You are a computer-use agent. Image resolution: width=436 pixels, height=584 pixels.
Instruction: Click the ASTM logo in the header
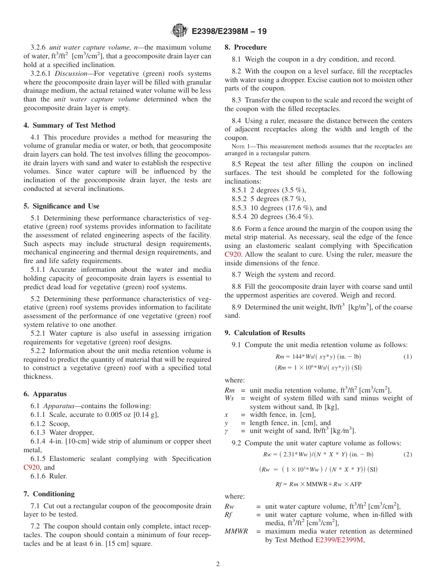179,31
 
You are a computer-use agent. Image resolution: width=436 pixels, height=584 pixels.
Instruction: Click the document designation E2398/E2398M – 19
229,31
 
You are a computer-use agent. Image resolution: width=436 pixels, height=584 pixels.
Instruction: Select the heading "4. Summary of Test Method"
69,125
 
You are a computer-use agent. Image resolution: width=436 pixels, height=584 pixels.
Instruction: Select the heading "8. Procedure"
246,47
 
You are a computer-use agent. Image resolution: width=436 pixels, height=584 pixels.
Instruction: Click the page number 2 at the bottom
218,564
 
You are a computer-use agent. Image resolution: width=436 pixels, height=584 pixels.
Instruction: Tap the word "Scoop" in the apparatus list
59,424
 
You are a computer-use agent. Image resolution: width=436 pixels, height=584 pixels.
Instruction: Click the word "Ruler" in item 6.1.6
58,476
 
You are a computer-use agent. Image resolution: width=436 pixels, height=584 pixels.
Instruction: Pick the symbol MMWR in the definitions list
236,531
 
